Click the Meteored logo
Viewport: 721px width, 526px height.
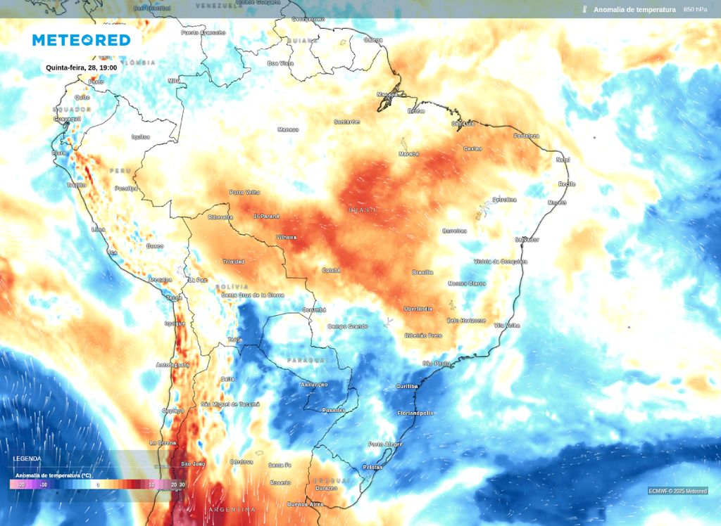[82, 40]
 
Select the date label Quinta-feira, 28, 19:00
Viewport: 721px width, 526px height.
[81, 68]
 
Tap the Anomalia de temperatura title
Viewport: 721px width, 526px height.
[634, 9]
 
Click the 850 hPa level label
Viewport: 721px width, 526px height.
[695, 9]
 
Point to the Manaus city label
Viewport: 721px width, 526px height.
[288, 129]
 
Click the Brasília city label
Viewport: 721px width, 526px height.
[422, 272]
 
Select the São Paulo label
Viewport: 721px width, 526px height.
[436, 364]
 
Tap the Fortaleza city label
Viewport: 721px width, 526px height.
[526, 136]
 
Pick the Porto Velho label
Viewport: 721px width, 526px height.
[245, 193]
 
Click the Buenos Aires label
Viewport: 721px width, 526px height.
[306, 504]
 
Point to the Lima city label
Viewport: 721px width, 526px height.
[99, 229]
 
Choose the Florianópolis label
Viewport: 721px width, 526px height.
[415, 413]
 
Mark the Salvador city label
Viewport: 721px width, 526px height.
[527, 240]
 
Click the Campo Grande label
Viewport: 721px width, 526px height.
[348, 326]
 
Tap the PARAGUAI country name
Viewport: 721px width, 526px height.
[307, 360]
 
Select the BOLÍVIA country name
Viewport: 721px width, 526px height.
[234, 287]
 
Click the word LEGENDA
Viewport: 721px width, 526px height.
[27, 458]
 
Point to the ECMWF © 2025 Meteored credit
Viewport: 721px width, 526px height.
[677, 491]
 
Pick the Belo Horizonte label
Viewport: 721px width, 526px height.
[466, 321]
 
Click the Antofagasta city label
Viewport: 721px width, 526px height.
[173, 365]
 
